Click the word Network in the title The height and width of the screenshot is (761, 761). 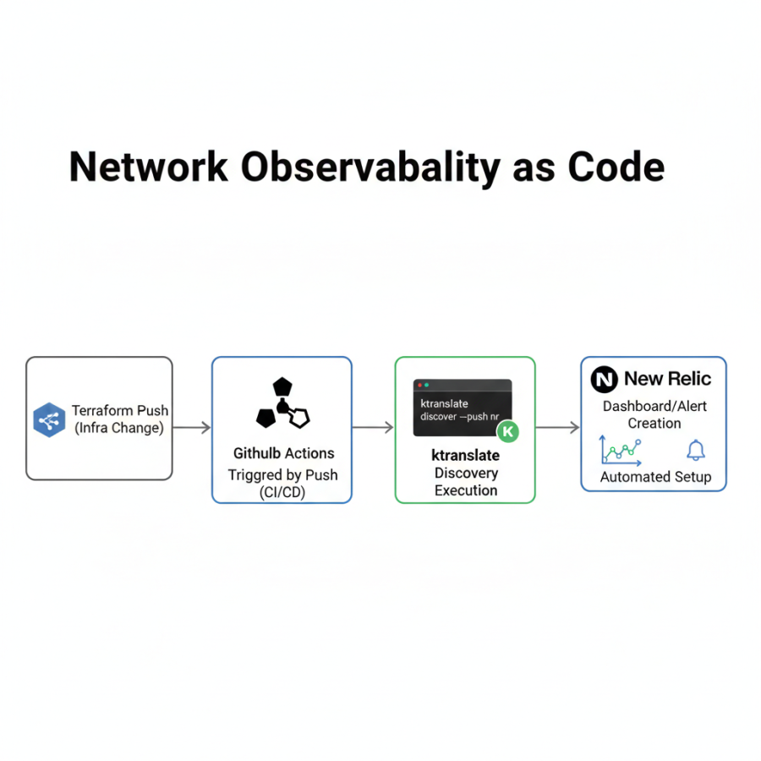[x=148, y=167]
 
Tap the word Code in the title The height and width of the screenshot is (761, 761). [x=616, y=167]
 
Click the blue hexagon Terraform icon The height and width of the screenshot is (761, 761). [x=49, y=420]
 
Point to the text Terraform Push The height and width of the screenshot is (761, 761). [x=120, y=410]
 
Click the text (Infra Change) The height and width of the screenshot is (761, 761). [x=119, y=428]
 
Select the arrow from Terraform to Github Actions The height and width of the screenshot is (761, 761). [x=192, y=428]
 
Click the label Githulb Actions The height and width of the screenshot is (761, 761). [x=283, y=453]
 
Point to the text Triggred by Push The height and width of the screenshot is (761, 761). [x=282, y=474]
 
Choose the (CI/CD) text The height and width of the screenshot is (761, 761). [x=282, y=492]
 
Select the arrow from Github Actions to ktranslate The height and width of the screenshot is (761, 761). [x=373, y=428]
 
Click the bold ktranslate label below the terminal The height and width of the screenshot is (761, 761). [x=465, y=455]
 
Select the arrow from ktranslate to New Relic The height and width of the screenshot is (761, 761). [x=558, y=428]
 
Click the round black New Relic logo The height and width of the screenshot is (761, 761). [x=604, y=380]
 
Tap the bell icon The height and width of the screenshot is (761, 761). [x=696, y=450]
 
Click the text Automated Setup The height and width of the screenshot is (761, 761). [x=655, y=477]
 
